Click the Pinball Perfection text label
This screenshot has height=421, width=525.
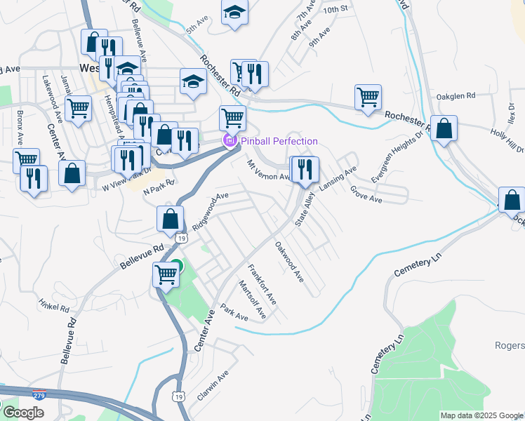tap(279, 141)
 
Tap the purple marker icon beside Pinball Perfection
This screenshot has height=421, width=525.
tap(230, 141)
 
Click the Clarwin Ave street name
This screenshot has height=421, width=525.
tap(213, 386)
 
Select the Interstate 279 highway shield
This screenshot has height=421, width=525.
tap(40, 396)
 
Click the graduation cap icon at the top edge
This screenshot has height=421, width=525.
tap(234, 12)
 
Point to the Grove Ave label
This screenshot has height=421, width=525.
tap(366, 194)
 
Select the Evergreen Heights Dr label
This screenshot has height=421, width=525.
tap(398, 156)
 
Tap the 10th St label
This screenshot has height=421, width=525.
tap(335, 9)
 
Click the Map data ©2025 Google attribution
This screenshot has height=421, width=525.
tap(481, 415)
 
